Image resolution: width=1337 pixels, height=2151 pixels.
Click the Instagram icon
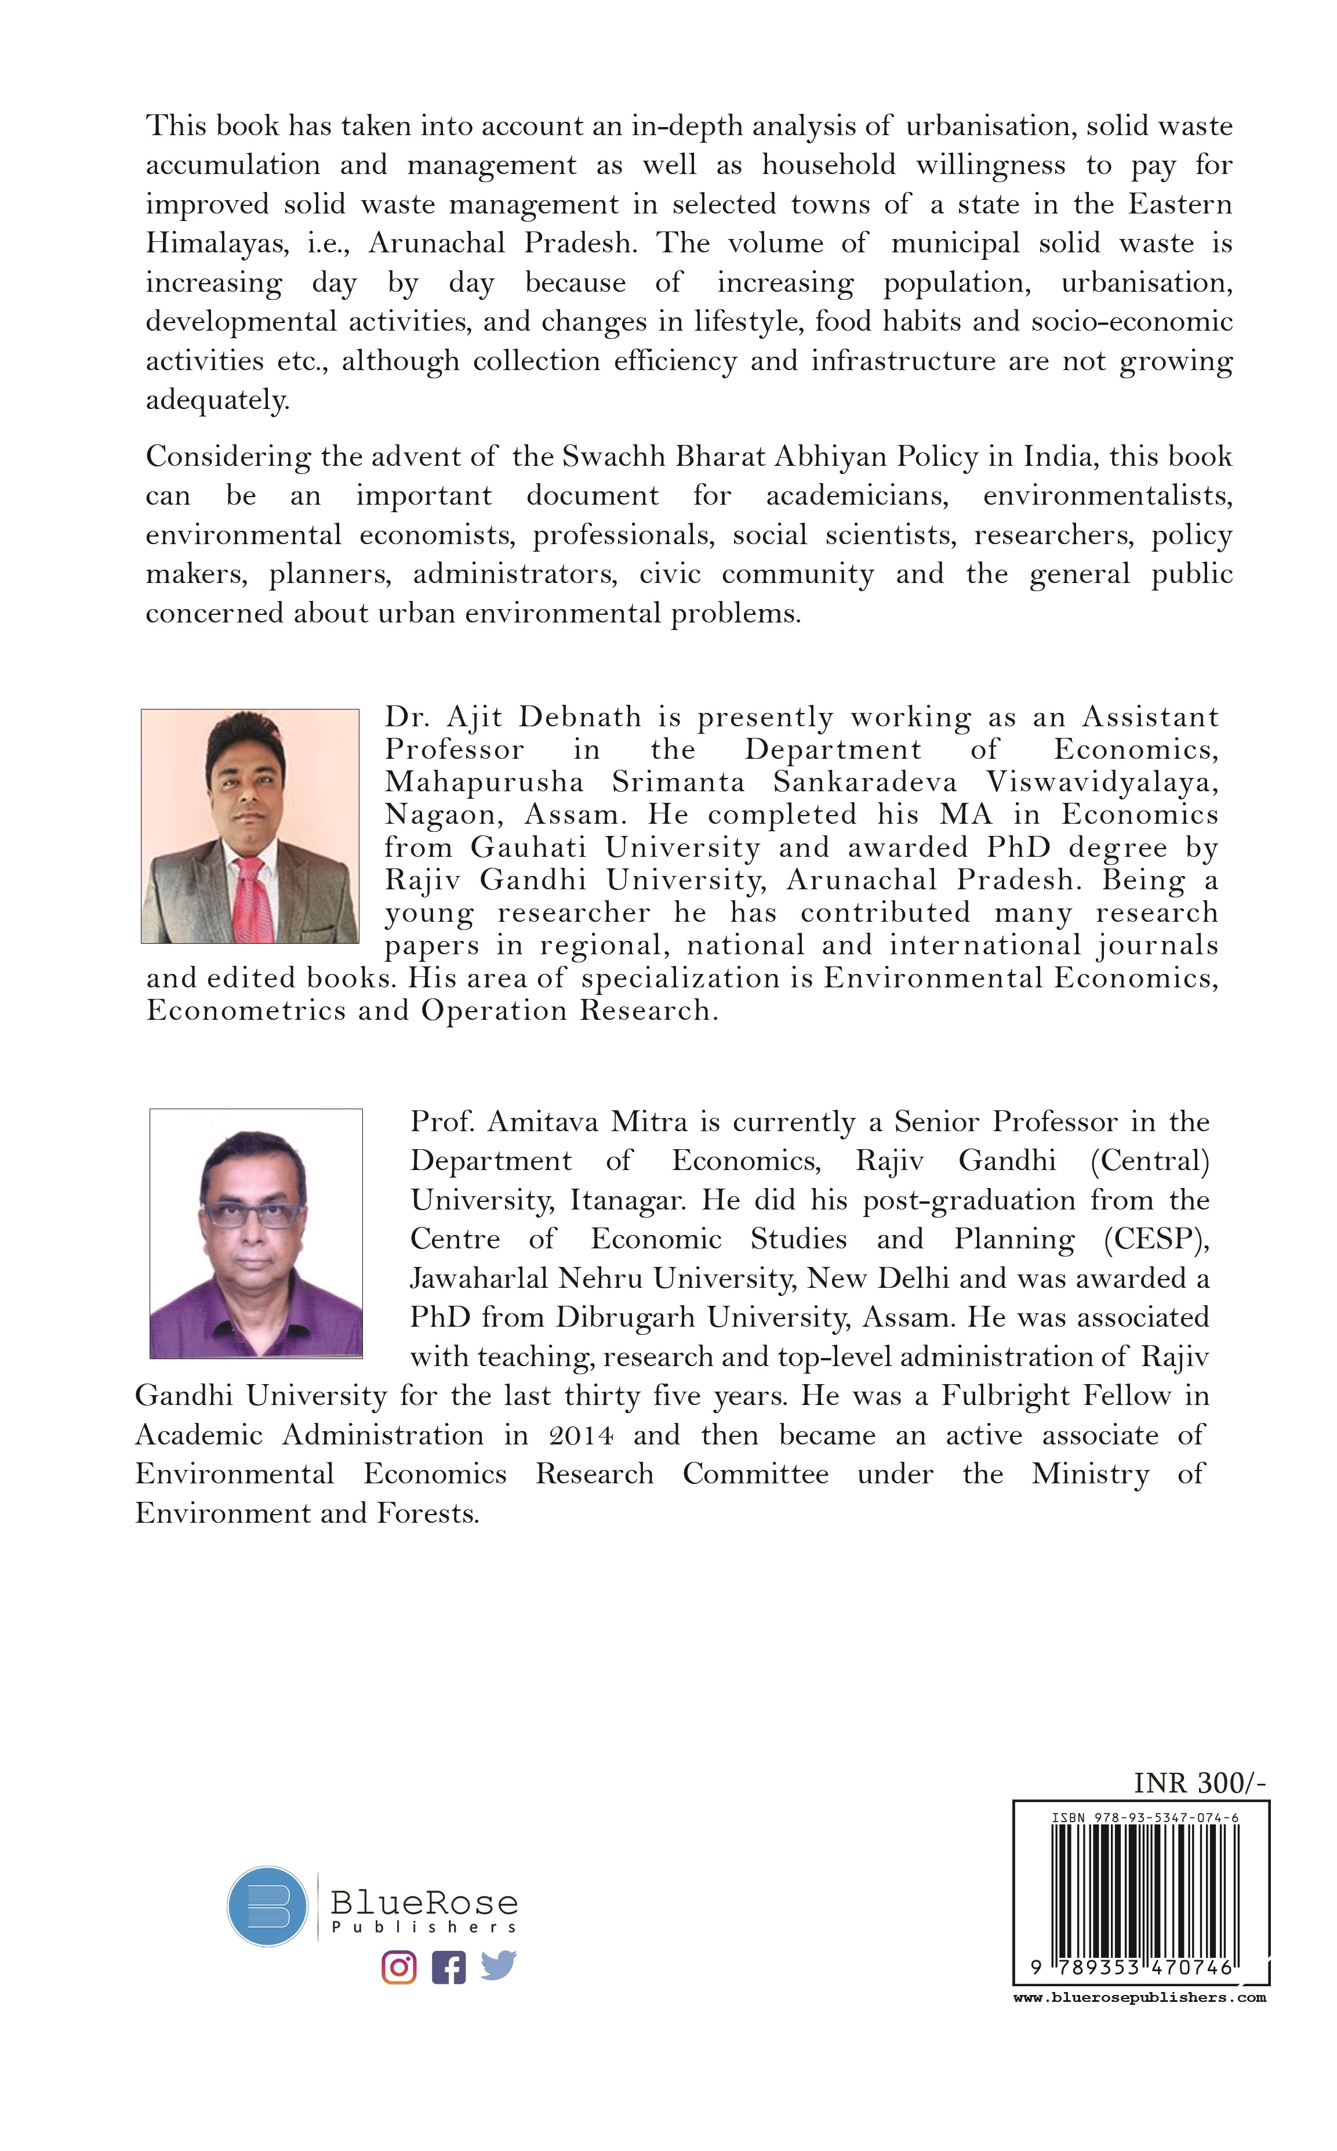(x=399, y=1967)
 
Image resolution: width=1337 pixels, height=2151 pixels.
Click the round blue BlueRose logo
(x=267, y=1906)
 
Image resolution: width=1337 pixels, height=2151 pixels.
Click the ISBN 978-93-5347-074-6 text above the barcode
(x=1145, y=1817)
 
